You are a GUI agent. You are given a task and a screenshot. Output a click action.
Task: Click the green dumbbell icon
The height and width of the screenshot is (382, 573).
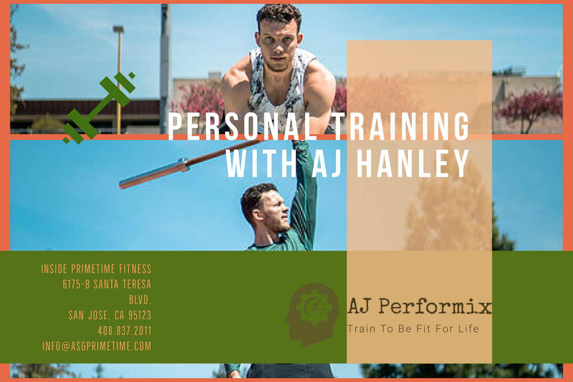pyautogui.click(x=99, y=108)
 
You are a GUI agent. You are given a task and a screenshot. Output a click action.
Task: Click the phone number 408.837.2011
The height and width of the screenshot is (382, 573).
pyautogui.click(x=124, y=331)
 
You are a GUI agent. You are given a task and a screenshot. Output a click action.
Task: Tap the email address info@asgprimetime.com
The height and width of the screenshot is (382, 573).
pyautogui.click(x=97, y=346)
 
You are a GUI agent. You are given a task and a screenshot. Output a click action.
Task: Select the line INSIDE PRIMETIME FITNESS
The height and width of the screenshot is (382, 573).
pyautogui.click(x=96, y=270)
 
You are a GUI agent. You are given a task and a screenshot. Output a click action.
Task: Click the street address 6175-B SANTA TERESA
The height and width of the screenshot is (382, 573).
pyautogui.click(x=107, y=285)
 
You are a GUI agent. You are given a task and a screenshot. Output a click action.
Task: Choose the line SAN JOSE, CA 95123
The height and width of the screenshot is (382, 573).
pyautogui.click(x=110, y=315)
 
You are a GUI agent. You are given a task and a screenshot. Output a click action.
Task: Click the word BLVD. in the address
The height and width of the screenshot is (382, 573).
pyautogui.click(x=140, y=300)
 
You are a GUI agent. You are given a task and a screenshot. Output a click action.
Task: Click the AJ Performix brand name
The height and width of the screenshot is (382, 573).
pyautogui.click(x=419, y=307)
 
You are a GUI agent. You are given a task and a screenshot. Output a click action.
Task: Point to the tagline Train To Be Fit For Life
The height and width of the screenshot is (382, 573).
pyautogui.click(x=413, y=329)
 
